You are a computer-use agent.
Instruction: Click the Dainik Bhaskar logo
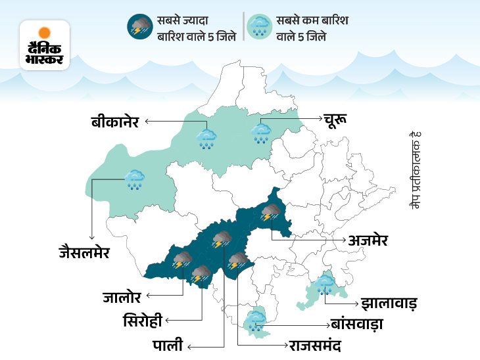(x=45, y=45)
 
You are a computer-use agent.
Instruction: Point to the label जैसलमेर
(x=83, y=252)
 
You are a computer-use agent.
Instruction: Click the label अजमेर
(x=368, y=240)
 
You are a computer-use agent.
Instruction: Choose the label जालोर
(x=124, y=297)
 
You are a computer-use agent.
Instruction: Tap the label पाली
(x=167, y=344)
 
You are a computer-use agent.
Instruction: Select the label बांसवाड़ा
(x=357, y=324)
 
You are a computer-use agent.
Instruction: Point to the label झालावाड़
(x=389, y=304)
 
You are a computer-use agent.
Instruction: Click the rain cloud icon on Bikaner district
(x=207, y=139)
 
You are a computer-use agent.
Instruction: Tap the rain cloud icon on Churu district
(x=261, y=133)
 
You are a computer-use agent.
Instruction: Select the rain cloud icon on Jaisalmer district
(x=135, y=179)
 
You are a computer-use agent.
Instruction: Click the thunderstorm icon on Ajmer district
(x=270, y=213)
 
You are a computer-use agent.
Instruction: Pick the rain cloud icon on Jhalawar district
(x=324, y=284)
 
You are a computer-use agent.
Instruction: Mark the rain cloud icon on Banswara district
(x=255, y=321)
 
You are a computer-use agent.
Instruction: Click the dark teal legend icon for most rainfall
(x=139, y=26)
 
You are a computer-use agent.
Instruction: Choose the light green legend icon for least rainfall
(x=258, y=26)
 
